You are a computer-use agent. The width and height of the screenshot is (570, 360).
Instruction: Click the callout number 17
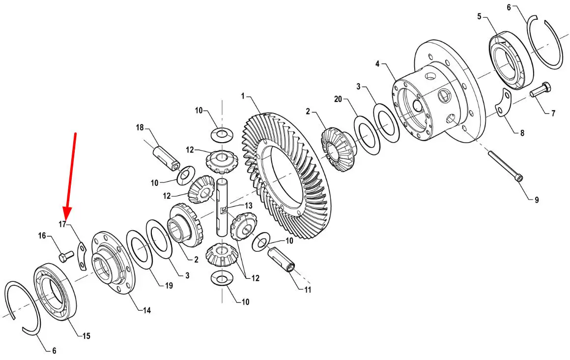62,224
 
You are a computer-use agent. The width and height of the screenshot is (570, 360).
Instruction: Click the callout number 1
243,96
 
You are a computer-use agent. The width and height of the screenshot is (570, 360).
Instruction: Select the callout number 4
377,64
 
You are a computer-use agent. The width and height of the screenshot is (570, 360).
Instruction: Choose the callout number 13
248,206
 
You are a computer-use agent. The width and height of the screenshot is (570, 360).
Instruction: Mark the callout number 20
338,99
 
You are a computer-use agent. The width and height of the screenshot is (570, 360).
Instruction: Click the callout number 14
146,310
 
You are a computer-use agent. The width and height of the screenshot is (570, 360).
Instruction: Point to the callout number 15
86,336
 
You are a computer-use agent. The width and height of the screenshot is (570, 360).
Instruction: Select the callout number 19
169,286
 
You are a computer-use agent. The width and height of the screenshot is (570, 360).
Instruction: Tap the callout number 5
479,16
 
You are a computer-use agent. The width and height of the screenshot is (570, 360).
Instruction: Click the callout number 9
537,200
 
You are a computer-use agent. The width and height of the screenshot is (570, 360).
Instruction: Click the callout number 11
308,290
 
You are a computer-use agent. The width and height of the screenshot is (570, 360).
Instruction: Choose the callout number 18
140,128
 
